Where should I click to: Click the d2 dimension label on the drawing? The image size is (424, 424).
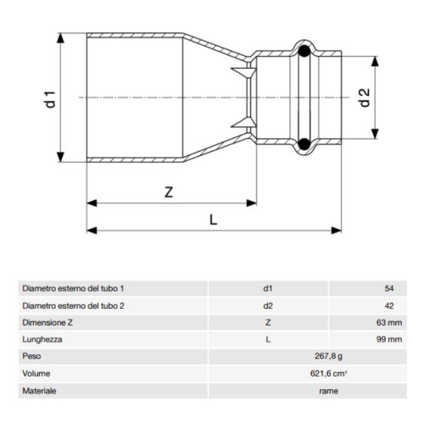click(x=365, y=98)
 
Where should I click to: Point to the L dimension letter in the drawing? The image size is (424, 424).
click(x=214, y=219)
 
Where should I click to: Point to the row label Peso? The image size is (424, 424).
click(x=32, y=357)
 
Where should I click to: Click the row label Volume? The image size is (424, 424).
click(x=36, y=374)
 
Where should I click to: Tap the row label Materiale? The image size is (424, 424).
click(x=40, y=391)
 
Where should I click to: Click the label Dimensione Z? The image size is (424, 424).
click(x=50, y=322)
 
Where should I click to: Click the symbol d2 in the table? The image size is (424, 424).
click(x=268, y=305)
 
